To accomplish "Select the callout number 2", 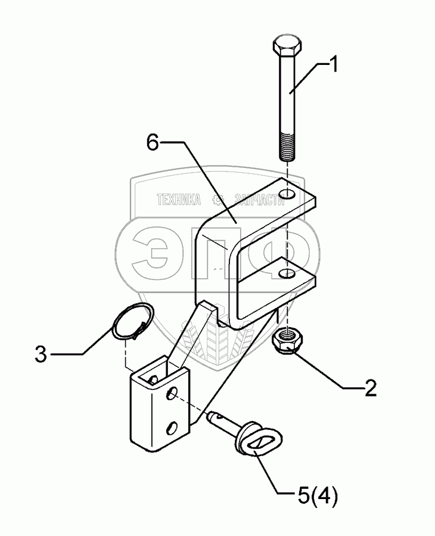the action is point(370,389).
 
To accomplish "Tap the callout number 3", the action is point(41,356).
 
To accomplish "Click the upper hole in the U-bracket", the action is point(288,194).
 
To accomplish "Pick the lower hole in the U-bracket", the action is point(287,273).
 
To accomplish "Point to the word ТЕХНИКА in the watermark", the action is point(178,201).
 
